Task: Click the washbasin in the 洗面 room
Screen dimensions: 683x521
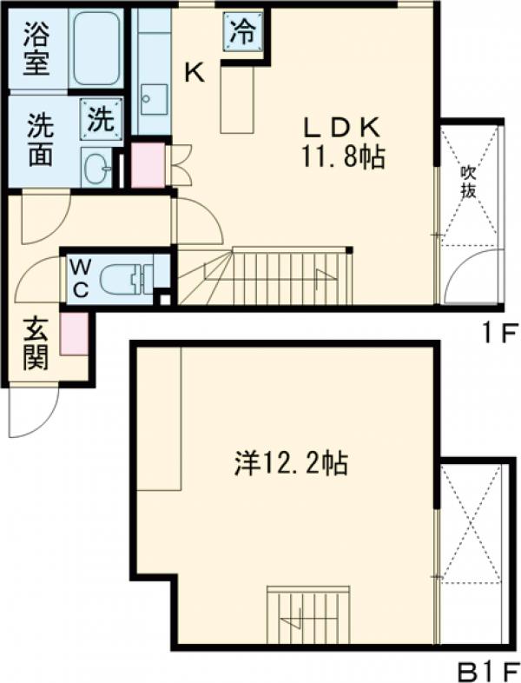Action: click(98, 165)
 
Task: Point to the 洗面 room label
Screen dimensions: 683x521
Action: click(38, 139)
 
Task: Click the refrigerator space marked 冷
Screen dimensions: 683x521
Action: click(243, 32)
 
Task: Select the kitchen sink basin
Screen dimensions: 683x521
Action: click(154, 97)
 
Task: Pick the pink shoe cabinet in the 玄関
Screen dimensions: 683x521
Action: click(74, 332)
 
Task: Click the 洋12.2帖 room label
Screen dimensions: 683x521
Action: click(290, 465)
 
